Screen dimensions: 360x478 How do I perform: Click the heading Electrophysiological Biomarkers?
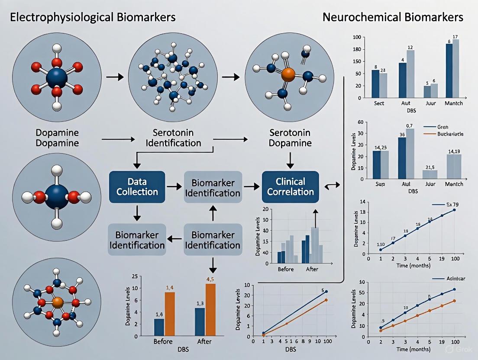coord(92,17)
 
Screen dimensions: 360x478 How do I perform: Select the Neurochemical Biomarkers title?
coord(393,17)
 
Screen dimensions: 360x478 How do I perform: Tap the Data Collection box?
coord(137,186)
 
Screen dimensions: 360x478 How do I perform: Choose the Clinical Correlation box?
coord(291,186)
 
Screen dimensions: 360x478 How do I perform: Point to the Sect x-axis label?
coord(379,103)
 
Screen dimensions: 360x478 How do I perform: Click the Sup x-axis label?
coord(379,184)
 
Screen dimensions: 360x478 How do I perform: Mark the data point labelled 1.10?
coord(381,250)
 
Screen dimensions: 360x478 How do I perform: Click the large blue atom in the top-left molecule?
coord(56,78)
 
